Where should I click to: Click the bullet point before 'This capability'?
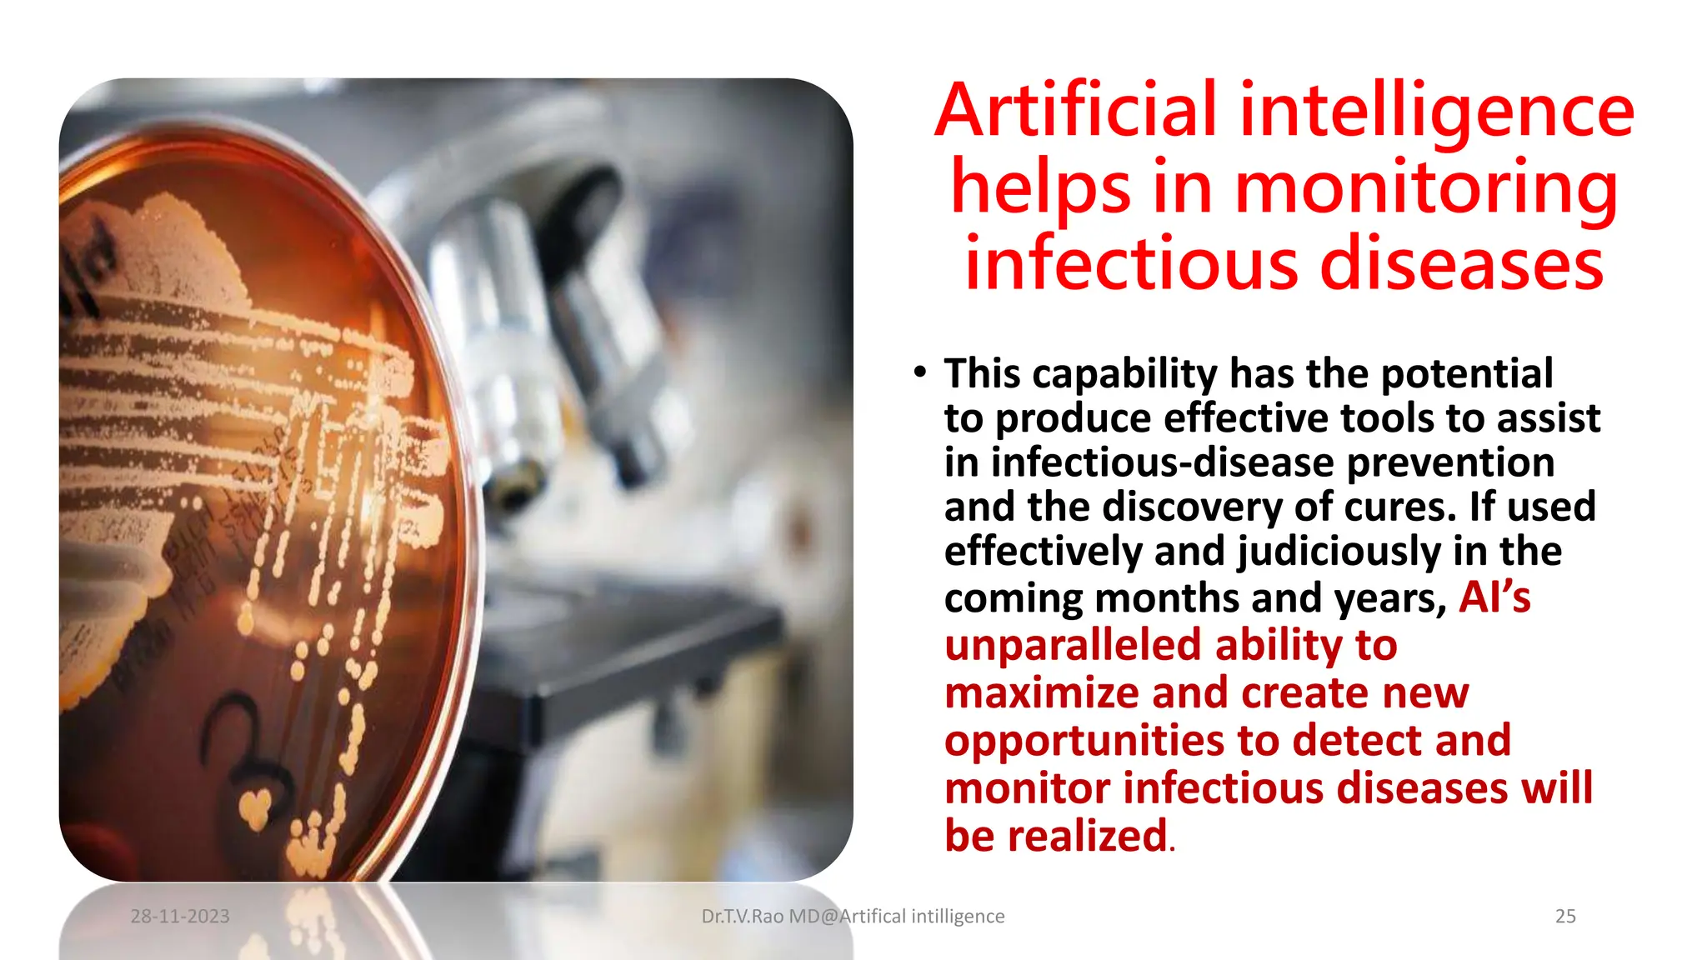(919, 372)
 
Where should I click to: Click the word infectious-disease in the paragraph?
(1163, 463)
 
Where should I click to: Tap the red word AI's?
(1494, 597)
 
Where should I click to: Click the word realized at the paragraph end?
(1087, 836)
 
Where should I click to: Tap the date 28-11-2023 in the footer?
(180, 917)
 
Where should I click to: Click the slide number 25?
(1565, 917)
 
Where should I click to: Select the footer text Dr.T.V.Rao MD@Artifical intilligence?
(853, 917)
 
